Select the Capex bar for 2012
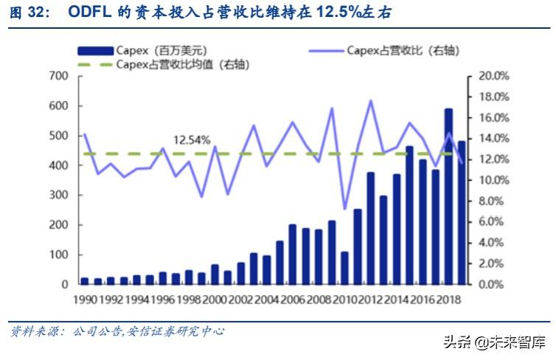coord(370,229)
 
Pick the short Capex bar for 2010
coord(344,268)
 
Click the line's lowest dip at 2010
coord(344,209)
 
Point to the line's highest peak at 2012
coord(370,100)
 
